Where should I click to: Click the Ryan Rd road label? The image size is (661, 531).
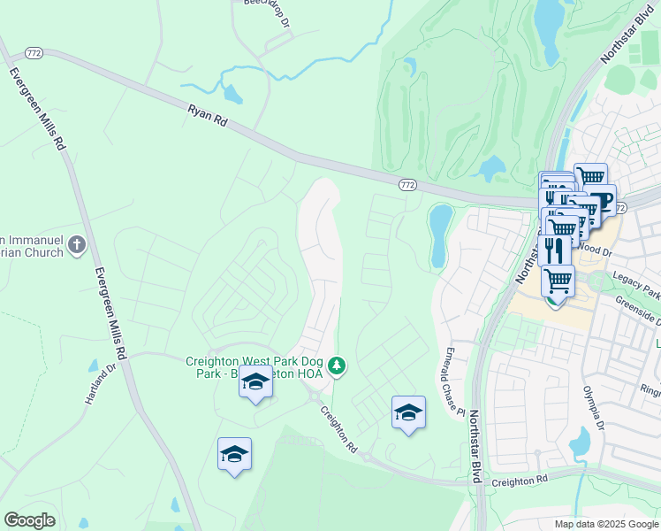coord(208,117)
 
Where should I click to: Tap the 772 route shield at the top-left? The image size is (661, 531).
coord(34,53)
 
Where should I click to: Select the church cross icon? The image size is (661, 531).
coord(78,245)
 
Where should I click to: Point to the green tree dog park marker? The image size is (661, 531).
coord(336,365)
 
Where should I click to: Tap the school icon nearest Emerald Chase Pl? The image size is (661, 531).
coord(408,412)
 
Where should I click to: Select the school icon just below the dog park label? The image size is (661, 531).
coord(255,381)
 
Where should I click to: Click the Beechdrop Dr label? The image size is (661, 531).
coord(267,12)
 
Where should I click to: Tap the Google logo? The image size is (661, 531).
coord(29,520)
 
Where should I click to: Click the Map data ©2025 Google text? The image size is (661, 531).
coord(606,524)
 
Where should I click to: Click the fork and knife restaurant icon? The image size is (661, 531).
coord(554,250)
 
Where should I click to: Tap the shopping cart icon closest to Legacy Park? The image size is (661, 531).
coord(557,281)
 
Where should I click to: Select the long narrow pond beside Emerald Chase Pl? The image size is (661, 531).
coord(438,235)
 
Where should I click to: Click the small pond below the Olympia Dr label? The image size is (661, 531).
coord(580,440)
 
